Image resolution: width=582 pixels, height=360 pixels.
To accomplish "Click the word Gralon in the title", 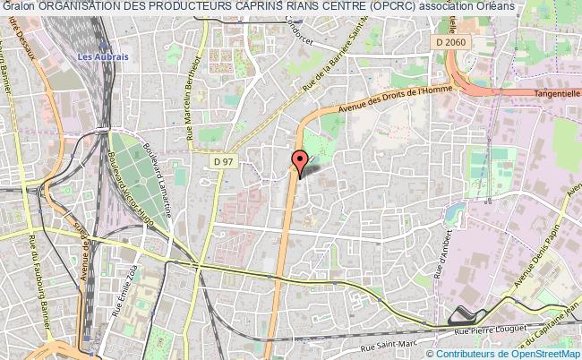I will click(18, 6).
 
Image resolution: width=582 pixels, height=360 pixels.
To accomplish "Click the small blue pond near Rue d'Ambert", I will click(460, 212).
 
